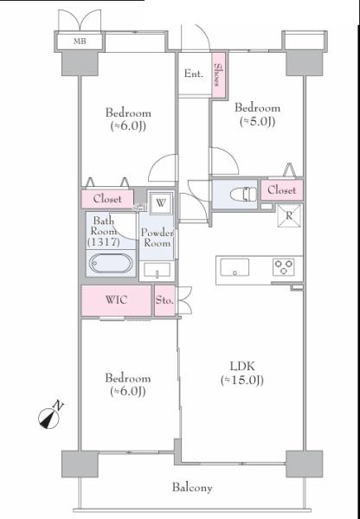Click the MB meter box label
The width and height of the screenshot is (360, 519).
(x=80, y=42)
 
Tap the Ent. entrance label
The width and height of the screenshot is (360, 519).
(x=194, y=74)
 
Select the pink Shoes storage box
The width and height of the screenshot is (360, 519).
(x=219, y=74)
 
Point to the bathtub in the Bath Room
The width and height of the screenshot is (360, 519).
(x=111, y=264)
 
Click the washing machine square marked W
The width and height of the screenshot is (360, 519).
(x=161, y=202)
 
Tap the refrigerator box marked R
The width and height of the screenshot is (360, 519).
(x=289, y=215)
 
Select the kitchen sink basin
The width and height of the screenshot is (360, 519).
(x=235, y=266)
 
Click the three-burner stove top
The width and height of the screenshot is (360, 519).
(x=284, y=266)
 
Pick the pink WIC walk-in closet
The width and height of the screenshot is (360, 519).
(x=116, y=300)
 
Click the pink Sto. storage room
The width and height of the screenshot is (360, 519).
(x=164, y=300)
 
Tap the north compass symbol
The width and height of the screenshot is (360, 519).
(x=50, y=416)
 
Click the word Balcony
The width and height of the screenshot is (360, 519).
(x=192, y=488)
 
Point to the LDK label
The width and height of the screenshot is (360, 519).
(x=242, y=366)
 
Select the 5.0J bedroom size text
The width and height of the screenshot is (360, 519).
(x=257, y=121)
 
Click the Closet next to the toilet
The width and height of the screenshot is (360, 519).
(x=282, y=190)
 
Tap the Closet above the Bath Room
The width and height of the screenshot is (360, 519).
(x=107, y=199)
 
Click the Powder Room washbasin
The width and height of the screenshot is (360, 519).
(x=157, y=270)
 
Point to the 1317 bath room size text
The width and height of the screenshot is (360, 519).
(x=103, y=242)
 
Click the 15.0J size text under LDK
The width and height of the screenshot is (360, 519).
(x=242, y=380)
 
